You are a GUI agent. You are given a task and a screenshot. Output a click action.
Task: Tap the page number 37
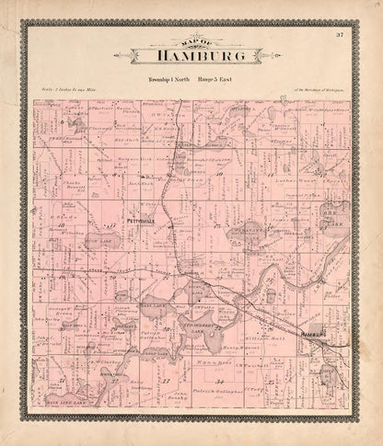339,35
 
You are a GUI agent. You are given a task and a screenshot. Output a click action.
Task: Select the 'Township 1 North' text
168,81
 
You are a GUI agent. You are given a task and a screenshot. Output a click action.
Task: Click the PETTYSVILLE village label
117,222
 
